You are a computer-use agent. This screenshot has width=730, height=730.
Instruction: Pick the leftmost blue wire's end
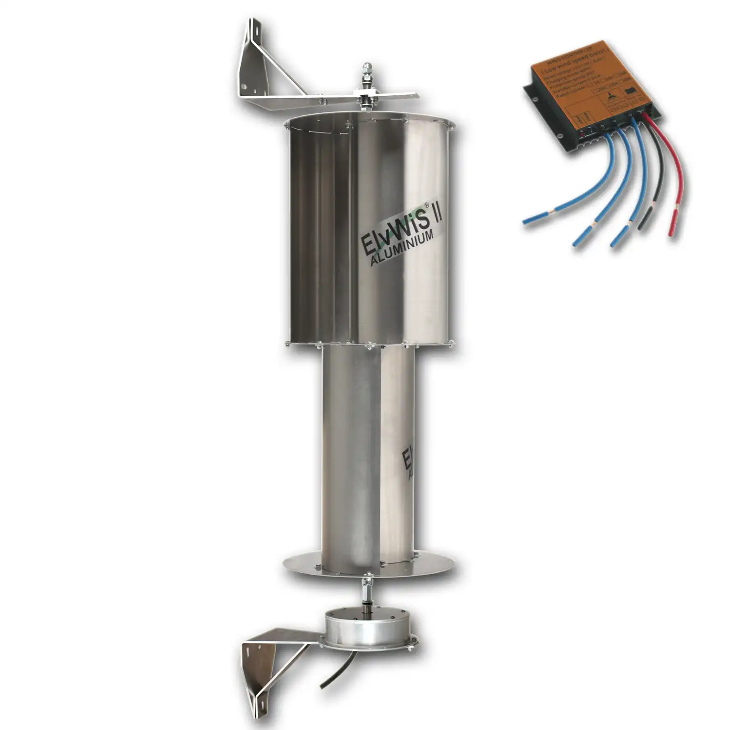(527, 221)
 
